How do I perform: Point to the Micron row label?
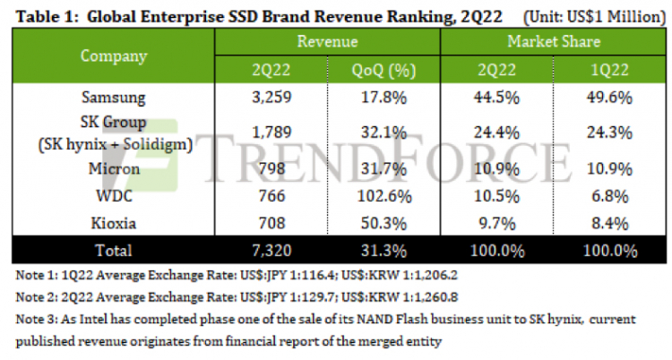[x=112, y=167]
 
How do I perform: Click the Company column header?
[x=114, y=56]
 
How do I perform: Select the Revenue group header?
[x=327, y=41]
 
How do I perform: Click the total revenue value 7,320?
[x=271, y=249]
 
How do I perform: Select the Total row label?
[x=113, y=249]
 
